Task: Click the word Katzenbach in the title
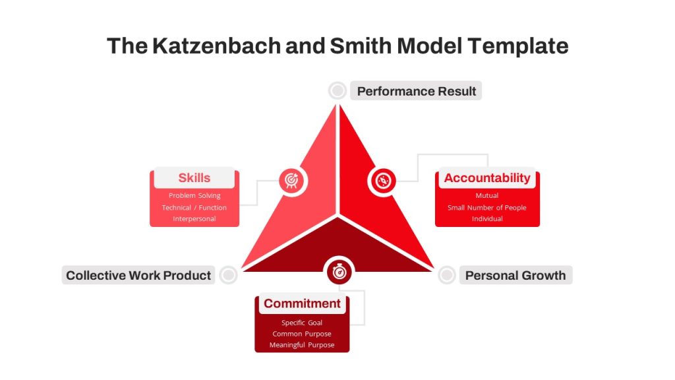pyautogui.click(x=216, y=46)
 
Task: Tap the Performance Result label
pyautogui.click(x=416, y=91)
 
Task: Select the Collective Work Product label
pyautogui.click(x=138, y=275)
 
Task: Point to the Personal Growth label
pyautogui.click(x=515, y=275)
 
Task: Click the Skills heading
pyautogui.click(x=194, y=177)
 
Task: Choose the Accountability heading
pyautogui.click(x=487, y=177)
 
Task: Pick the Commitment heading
pyautogui.click(x=302, y=303)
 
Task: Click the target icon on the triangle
pyautogui.click(x=292, y=180)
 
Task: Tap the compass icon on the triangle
pyautogui.click(x=383, y=181)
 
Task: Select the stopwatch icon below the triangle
pyautogui.click(x=339, y=272)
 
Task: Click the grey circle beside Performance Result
pyautogui.click(x=337, y=91)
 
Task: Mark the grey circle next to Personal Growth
pyautogui.click(x=447, y=275)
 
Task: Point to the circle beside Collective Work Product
pyautogui.click(x=228, y=275)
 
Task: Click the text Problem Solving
pyautogui.click(x=194, y=195)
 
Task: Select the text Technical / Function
pyautogui.click(x=194, y=208)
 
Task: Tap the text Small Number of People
pyautogui.click(x=487, y=208)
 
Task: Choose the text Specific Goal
pyautogui.click(x=302, y=323)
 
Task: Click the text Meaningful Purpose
pyautogui.click(x=302, y=345)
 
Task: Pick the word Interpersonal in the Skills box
pyautogui.click(x=194, y=219)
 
